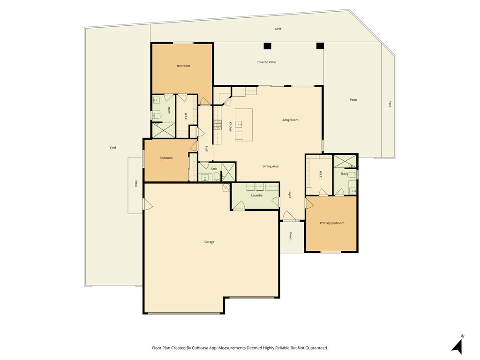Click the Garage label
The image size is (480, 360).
tap(209, 242)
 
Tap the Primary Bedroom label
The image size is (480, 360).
tap(332, 223)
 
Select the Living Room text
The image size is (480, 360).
tap(290, 120)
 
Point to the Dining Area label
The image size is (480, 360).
tap(270, 166)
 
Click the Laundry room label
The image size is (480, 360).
tap(256, 195)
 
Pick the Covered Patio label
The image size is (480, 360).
tap(266, 62)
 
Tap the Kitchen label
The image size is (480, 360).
tap(230, 127)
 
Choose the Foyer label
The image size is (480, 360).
tap(290, 194)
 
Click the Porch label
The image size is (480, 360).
tap(290, 237)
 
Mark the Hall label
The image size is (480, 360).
tap(206, 149)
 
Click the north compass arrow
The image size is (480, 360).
tap(457, 345)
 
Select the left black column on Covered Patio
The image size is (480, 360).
tap(267, 46)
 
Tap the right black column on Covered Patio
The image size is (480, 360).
tap(320, 46)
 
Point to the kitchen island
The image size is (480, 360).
tap(243, 124)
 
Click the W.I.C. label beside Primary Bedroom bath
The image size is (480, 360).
tap(321, 174)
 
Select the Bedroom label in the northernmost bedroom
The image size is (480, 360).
tap(183, 66)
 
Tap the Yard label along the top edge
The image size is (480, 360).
tap(277, 29)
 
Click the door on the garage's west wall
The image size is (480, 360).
tap(147, 204)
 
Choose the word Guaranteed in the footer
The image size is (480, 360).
tap(316, 348)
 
